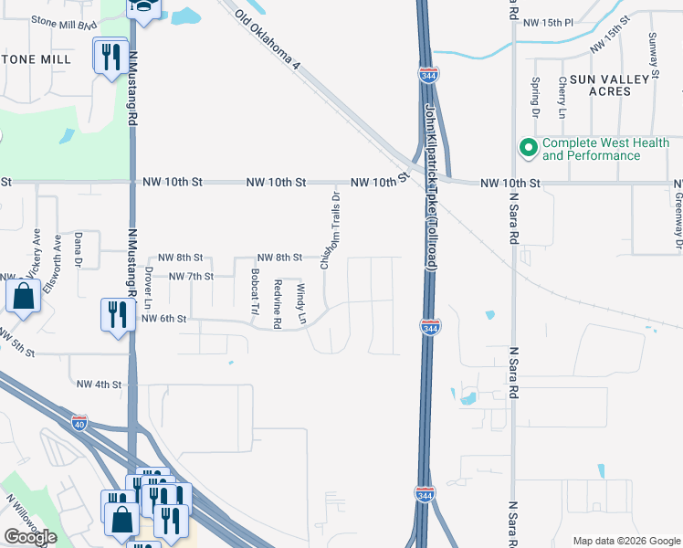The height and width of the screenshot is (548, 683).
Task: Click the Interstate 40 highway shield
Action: point(80,423)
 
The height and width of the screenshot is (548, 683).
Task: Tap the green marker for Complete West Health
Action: point(527,147)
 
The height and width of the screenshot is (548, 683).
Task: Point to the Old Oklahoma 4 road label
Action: point(267,40)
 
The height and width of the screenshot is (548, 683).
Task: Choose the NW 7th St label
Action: point(190,276)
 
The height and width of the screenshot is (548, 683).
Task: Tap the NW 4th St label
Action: point(99,385)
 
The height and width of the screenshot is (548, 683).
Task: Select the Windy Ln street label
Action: point(300,302)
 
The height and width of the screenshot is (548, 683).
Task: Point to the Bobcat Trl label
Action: point(254,291)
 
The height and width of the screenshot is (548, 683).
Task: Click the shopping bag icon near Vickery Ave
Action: point(23,296)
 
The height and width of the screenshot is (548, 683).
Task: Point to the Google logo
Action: point(30,537)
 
